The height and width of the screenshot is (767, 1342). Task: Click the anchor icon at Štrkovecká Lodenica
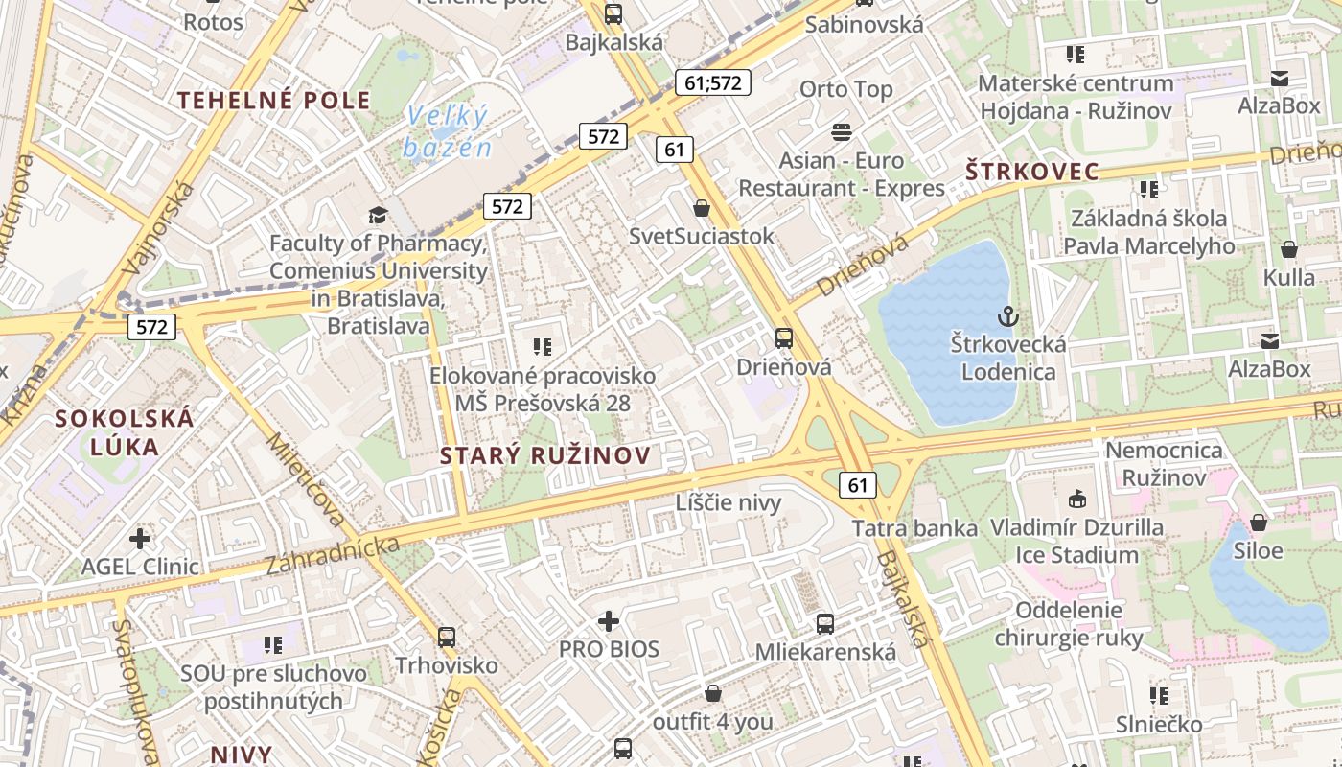pos(1007,315)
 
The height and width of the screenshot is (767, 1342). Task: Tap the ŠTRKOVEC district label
pos(1031,173)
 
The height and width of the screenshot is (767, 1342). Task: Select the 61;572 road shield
pos(713,82)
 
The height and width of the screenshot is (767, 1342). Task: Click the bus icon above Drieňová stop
pos(784,337)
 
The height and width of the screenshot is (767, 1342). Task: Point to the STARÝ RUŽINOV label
pos(544,456)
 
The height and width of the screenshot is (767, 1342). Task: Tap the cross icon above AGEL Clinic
pos(140,538)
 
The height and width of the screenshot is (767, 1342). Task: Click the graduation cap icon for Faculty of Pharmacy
pos(379,215)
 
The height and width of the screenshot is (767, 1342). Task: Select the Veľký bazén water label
pos(447,132)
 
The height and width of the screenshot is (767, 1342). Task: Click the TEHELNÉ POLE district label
pos(273,101)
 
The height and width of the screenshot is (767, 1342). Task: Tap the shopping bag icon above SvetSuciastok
pos(702,208)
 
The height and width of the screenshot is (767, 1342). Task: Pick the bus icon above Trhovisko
pos(447,637)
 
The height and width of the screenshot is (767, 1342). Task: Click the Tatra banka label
pos(914,528)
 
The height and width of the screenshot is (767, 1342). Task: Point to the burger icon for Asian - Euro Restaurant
pos(842,131)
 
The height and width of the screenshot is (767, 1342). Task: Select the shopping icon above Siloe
pos(1259,523)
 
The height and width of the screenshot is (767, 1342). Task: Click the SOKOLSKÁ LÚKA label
pos(125,431)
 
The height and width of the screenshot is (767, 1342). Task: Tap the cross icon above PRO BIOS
pos(609,621)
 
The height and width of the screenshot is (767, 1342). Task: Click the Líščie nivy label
pos(729,502)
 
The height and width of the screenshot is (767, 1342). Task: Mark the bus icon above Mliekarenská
pos(825,624)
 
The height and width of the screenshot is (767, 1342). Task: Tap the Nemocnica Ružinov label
pos(1164,463)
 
